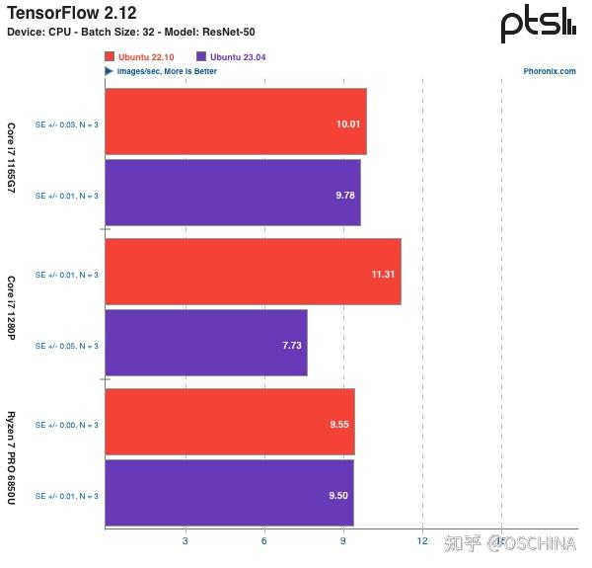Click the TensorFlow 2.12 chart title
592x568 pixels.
click(72, 13)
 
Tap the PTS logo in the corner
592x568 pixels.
click(538, 25)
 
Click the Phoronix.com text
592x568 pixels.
click(550, 71)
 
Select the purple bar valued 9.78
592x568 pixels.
click(232, 194)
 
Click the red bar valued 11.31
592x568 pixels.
click(253, 272)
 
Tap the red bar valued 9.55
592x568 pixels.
click(229, 422)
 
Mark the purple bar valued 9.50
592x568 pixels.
click(229, 493)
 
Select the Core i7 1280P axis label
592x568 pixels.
click(12, 307)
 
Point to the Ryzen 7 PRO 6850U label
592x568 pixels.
click(12, 457)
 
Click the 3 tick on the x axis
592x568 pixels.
click(185, 540)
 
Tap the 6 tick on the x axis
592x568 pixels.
click(264, 540)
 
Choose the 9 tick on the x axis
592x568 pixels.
click(343, 540)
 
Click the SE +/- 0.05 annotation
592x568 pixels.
click(67, 346)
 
